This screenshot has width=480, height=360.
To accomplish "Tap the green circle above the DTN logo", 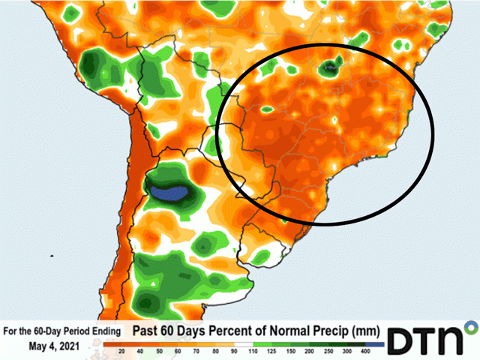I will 471,327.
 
